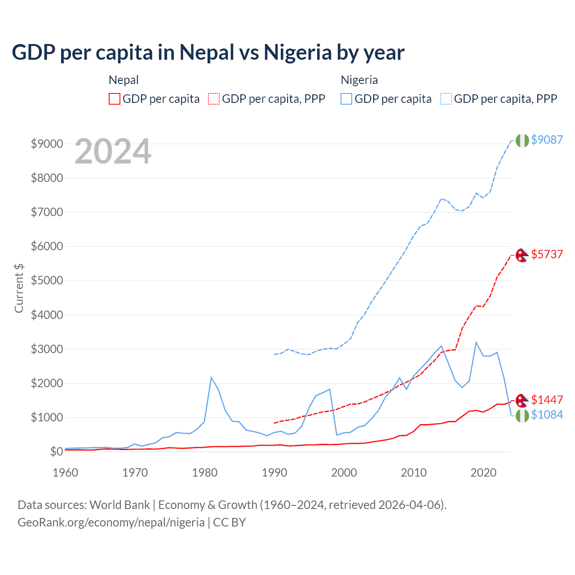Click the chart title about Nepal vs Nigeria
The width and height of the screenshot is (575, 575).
(208, 53)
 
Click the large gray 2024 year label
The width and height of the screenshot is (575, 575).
(113, 152)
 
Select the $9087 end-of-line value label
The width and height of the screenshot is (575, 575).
(547, 140)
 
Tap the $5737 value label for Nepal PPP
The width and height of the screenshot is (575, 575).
(547, 254)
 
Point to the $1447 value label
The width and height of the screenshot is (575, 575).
(547, 400)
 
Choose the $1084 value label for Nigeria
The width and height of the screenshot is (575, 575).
(547, 415)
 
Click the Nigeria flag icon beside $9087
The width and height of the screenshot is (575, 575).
(522, 140)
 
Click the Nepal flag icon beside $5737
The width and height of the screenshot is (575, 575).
(522, 255)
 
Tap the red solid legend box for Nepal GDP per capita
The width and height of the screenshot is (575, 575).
(115, 99)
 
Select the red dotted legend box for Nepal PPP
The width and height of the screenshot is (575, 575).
(214, 99)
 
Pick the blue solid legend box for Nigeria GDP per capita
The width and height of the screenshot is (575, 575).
(346, 99)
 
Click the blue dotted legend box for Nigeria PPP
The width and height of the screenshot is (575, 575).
(446, 99)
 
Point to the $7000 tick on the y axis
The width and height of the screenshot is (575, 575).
(47, 212)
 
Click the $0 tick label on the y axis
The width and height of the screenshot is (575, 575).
(56, 451)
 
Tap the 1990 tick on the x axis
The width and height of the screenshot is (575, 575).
(274, 473)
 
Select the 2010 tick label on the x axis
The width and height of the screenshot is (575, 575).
(414, 473)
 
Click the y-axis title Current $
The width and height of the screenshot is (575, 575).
(19, 288)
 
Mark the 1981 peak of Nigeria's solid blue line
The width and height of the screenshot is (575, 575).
(211, 377)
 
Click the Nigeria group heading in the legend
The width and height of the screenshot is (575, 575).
(359, 80)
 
